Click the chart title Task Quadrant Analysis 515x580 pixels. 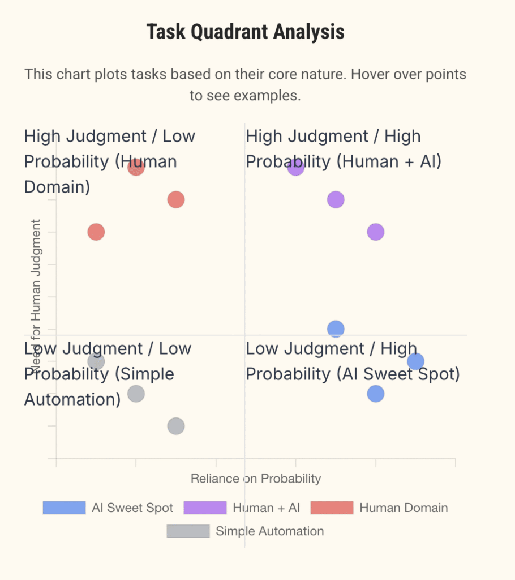tap(245, 32)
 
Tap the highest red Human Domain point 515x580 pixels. tap(136, 167)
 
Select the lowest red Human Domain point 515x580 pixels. tap(96, 232)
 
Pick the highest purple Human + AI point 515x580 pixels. tap(295, 167)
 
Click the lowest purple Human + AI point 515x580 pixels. tap(376, 232)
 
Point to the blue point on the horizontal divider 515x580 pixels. tap(336, 329)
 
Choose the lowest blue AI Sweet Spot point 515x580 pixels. tap(376, 394)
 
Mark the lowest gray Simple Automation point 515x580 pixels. tap(176, 426)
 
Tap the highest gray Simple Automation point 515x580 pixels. tap(96, 361)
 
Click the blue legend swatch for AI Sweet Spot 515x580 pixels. tap(64, 508)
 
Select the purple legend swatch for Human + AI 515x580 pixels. tap(205, 508)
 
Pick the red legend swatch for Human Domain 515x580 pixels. tap(332, 508)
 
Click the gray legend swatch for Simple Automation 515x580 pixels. tap(188, 531)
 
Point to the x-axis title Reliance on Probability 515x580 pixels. tap(256, 479)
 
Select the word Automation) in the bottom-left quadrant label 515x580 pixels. tap(72, 399)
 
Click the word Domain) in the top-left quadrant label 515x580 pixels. tap(57, 186)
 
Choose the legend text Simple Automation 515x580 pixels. tap(269, 531)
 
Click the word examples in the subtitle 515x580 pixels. tap(267, 96)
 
